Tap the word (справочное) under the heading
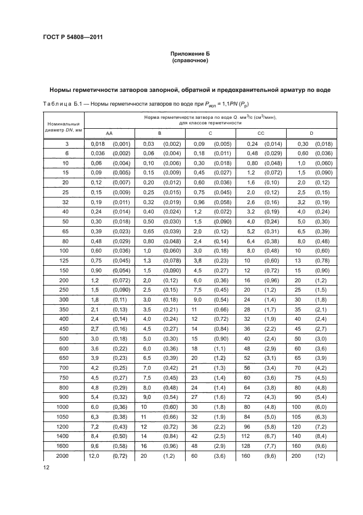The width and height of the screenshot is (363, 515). point(190,61)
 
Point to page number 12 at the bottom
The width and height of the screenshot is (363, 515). point(45,467)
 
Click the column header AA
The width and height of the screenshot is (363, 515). point(110,133)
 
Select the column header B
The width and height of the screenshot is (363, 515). point(159,133)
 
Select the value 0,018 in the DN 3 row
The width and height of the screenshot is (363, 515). point(97,144)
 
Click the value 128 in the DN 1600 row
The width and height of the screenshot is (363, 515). point(245,446)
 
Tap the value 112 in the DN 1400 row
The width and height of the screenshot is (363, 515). point(245,436)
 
